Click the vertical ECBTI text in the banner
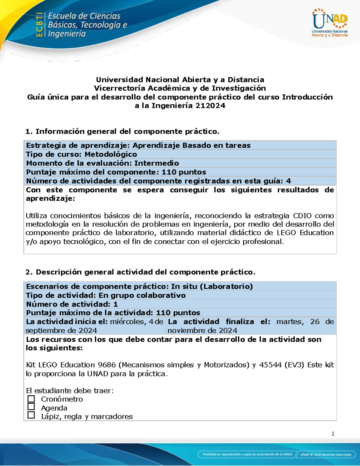click(39, 25)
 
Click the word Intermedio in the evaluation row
click(156, 163)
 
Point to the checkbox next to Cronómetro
click(31, 399)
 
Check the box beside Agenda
click(31, 407)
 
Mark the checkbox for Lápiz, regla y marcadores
click(31, 415)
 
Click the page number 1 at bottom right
click(333, 434)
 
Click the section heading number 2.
click(28, 272)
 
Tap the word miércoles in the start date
click(127, 322)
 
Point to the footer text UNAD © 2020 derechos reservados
click(326, 454)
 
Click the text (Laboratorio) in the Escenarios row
click(228, 287)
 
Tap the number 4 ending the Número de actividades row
click(289, 181)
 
